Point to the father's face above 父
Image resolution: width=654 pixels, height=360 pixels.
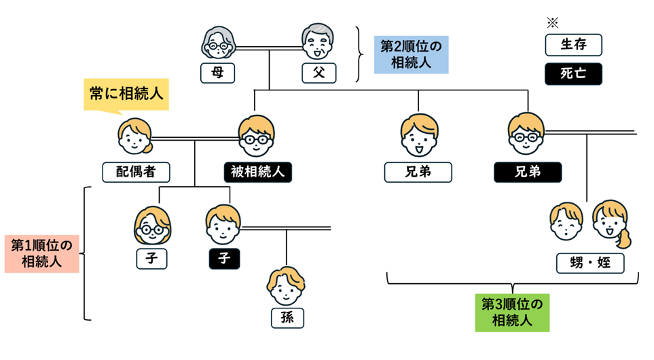(x=319, y=43)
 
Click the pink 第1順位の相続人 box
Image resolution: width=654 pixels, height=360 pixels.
(x=41, y=253)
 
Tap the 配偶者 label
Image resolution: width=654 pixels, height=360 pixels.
(x=136, y=172)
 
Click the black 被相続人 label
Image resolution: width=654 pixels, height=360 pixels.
(x=257, y=172)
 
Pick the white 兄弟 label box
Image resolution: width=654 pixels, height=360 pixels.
(x=418, y=172)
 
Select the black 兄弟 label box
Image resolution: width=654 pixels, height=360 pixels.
(x=528, y=172)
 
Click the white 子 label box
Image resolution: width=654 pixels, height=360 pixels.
(x=152, y=257)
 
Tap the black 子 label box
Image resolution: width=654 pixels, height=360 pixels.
(x=223, y=257)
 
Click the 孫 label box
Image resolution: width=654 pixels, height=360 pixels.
(x=287, y=317)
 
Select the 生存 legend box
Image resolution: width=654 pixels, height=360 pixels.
(x=574, y=46)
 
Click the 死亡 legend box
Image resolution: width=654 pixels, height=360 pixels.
(x=574, y=74)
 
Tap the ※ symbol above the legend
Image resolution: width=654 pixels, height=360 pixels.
(x=552, y=22)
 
